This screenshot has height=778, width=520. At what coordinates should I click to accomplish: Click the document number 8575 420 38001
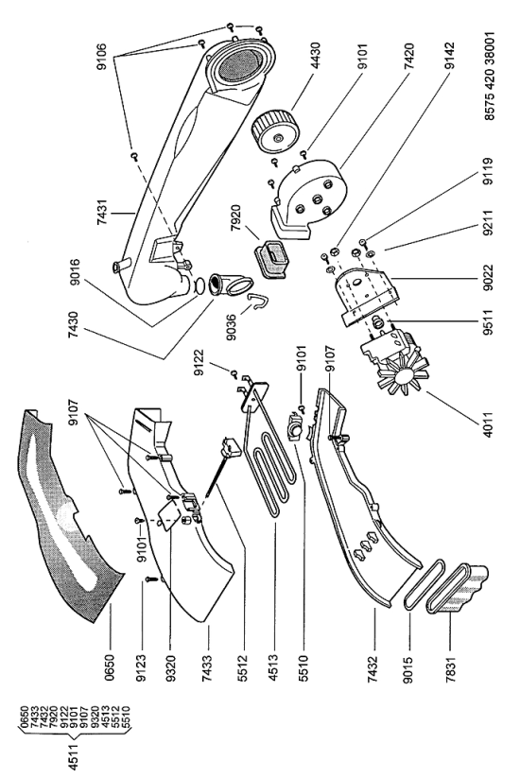coord(489,77)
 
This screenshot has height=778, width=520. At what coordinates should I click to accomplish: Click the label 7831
coord(451,669)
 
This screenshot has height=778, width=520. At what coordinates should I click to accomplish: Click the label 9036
coord(231,330)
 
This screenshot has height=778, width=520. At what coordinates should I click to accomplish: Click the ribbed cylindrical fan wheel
coord(276,130)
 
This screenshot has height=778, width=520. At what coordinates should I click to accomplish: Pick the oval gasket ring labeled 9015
coord(424,584)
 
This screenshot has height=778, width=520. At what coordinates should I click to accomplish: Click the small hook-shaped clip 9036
coord(258,303)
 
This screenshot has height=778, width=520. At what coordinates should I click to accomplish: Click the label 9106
coord(101,57)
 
